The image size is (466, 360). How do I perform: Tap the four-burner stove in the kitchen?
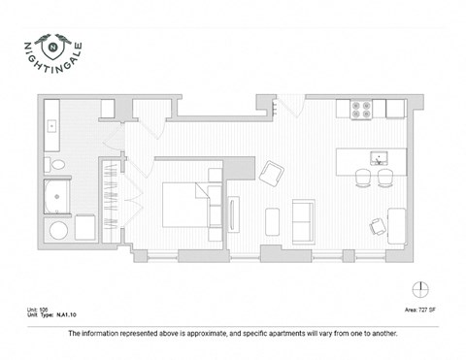[363, 110]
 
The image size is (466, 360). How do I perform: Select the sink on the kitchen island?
[378, 157]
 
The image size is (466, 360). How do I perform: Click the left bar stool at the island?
[362, 178]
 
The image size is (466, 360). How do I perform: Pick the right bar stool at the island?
[385, 178]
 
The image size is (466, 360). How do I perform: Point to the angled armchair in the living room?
[271, 174]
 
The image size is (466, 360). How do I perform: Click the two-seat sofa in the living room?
[304, 220]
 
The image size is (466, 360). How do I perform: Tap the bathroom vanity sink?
[52, 126]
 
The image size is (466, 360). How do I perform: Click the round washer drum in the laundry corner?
[57, 231]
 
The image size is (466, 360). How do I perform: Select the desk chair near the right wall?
[377, 227]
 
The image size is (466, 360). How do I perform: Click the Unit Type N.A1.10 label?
[52, 316]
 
